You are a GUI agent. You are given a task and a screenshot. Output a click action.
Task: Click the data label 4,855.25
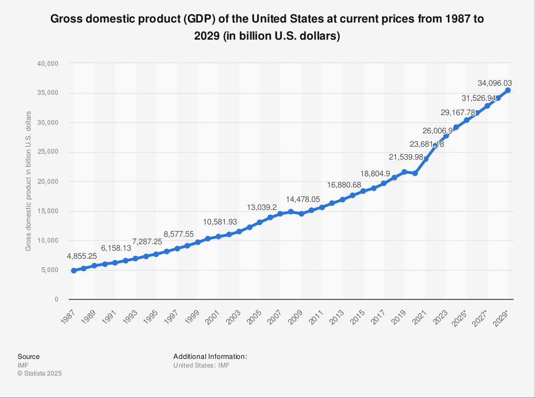pos(82,256)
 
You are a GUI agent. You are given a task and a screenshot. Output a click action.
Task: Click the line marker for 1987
pos(73,271)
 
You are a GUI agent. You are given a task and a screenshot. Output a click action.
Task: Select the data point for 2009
pos(301,214)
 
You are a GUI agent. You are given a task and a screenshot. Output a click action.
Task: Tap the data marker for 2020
pos(415,173)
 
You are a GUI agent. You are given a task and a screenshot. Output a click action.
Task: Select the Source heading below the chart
pos(28,356)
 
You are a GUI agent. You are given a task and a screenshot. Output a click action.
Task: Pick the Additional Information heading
pos(210,356)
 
